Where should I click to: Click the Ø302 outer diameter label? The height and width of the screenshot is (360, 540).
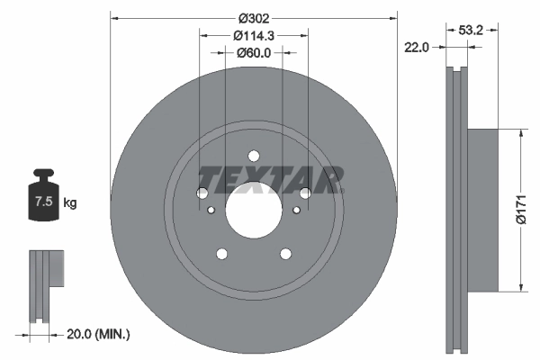coord(254,16)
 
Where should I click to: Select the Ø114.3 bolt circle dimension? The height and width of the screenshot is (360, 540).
coord(254,35)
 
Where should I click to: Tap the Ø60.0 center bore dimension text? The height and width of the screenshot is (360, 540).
coord(254,53)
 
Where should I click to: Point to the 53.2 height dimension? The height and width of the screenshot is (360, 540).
coord(472,30)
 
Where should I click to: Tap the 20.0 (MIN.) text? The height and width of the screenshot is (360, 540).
coord(99,334)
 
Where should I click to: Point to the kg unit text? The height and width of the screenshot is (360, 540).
coord(69,203)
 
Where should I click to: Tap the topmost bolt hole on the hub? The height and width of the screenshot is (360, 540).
coord(254,154)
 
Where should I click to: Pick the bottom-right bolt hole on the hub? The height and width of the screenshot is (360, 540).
coord(286,254)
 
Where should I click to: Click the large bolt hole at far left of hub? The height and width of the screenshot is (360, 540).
coord(202,193)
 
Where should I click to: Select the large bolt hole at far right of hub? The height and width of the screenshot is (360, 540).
coord(305,193)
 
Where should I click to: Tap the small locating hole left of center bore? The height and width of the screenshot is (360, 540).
coord(211,211)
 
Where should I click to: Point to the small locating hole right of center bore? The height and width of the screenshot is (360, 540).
coord(296,211)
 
